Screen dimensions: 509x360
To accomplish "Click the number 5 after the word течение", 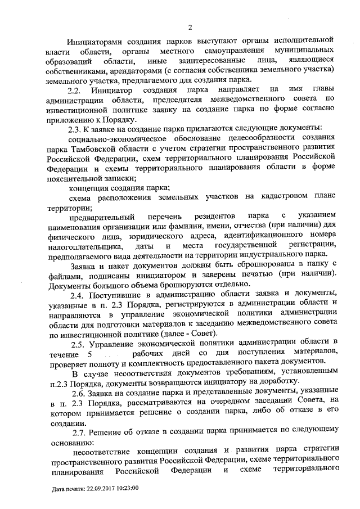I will [90, 352].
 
